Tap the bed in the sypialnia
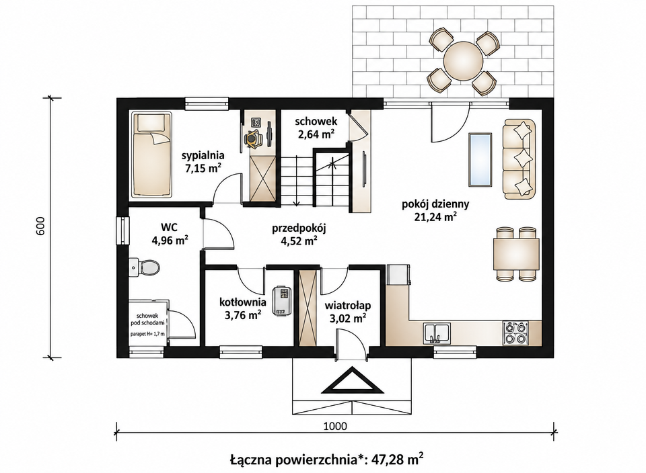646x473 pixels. [x=151, y=155]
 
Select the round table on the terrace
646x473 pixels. [x=463, y=62]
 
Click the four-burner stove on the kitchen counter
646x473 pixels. [x=516, y=333]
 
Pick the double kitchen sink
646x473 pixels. [x=437, y=333]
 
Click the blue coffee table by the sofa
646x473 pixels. [x=480, y=159]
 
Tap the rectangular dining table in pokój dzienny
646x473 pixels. [x=517, y=254]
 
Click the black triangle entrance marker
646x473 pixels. [x=352, y=382]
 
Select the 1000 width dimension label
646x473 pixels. [x=335, y=426]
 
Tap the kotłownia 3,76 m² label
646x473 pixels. [x=243, y=308]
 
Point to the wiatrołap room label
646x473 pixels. [x=348, y=306]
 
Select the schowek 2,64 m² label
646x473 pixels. [x=316, y=127]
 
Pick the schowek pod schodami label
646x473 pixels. [x=147, y=319]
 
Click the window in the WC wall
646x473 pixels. [x=122, y=231]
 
